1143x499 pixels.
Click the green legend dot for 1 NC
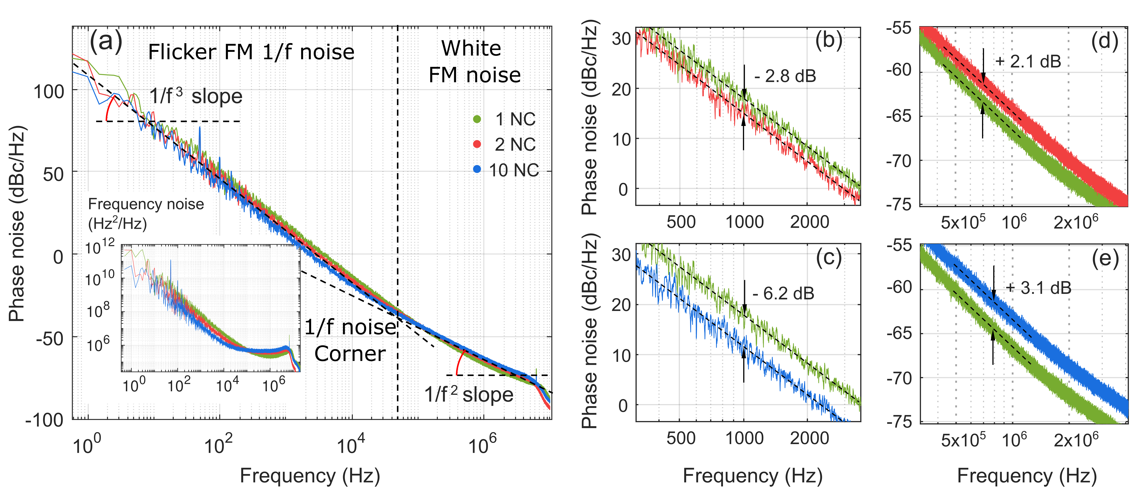[477, 119]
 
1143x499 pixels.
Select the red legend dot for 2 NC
[477, 144]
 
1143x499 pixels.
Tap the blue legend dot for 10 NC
[477, 169]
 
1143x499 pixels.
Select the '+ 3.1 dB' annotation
[1038, 288]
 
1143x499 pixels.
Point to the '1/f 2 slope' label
[469, 394]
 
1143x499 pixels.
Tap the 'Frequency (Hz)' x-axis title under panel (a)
[310, 476]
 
